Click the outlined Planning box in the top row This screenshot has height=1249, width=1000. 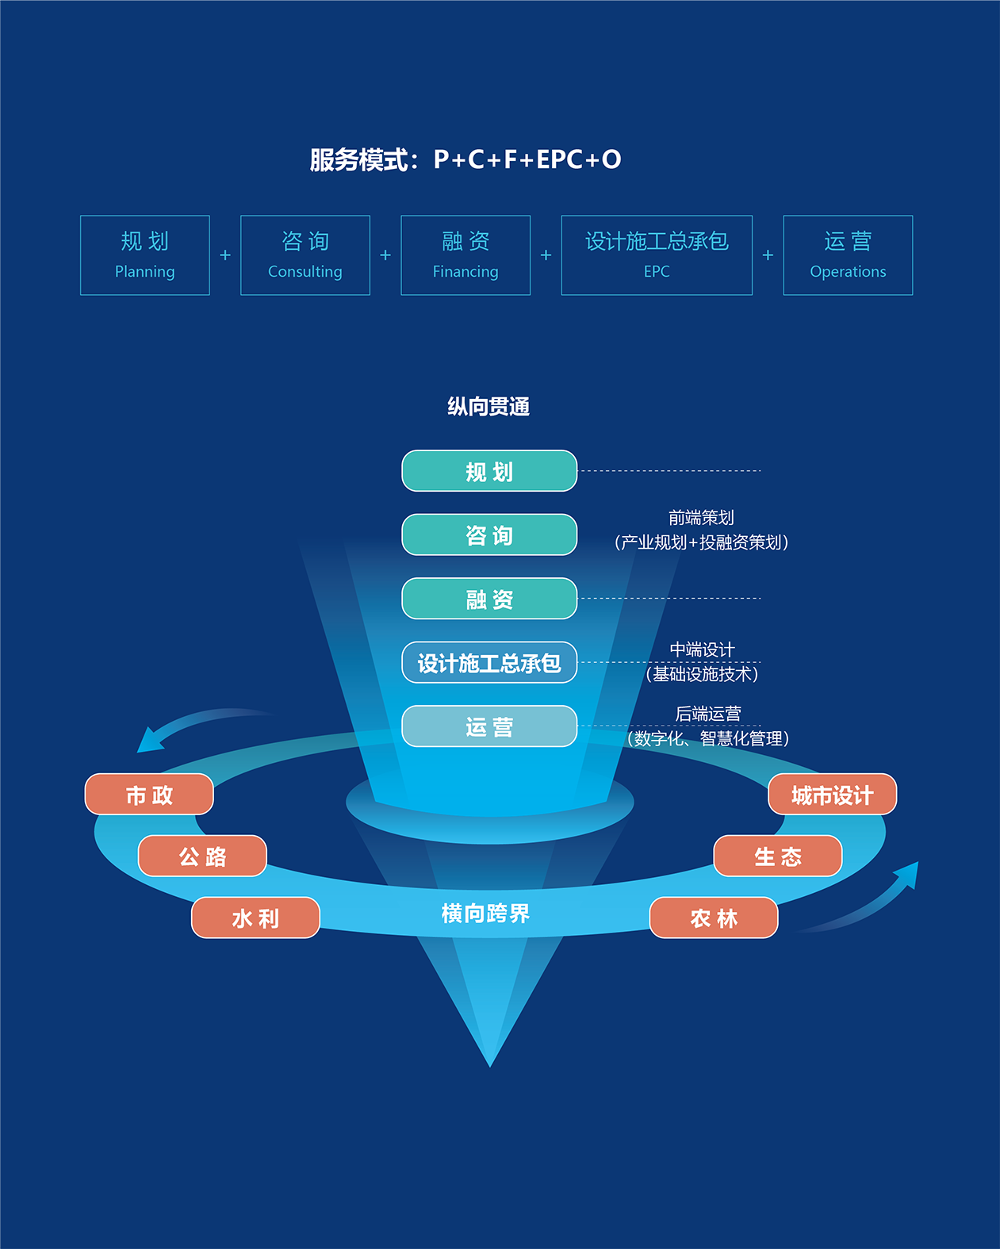click(x=145, y=255)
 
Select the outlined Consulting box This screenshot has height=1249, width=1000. click(x=305, y=255)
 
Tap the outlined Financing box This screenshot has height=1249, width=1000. click(x=466, y=255)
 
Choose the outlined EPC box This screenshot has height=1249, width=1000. click(x=657, y=255)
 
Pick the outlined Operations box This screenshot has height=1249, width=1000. click(x=848, y=255)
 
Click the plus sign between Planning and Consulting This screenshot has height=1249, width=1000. click(x=225, y=255)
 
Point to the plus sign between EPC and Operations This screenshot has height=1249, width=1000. click(x=768, y=255)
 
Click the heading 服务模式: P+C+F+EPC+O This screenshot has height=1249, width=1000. click(x=466, y=159)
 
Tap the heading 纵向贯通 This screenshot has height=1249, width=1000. click(x=489, y=407)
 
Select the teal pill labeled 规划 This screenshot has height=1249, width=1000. click(x=489, y=471)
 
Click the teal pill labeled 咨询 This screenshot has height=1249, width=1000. click(x=489, y=535)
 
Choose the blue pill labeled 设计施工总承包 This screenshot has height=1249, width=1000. click(x=489, y=663)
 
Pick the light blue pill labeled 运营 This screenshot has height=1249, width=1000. click(x=489, y=726)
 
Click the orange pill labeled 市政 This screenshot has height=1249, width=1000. click(x=149, y=795)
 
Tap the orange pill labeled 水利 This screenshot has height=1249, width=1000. click(x=255, y=918)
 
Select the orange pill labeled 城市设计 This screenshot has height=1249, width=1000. click(x=832, y=795)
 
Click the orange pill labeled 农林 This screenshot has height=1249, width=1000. click(x=714, y=918)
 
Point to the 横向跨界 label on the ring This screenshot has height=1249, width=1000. click(x=485, y=914)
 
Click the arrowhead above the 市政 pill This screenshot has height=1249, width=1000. click(x=149, y=741)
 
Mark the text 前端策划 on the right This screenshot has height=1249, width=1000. click(x=701, y=518)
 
